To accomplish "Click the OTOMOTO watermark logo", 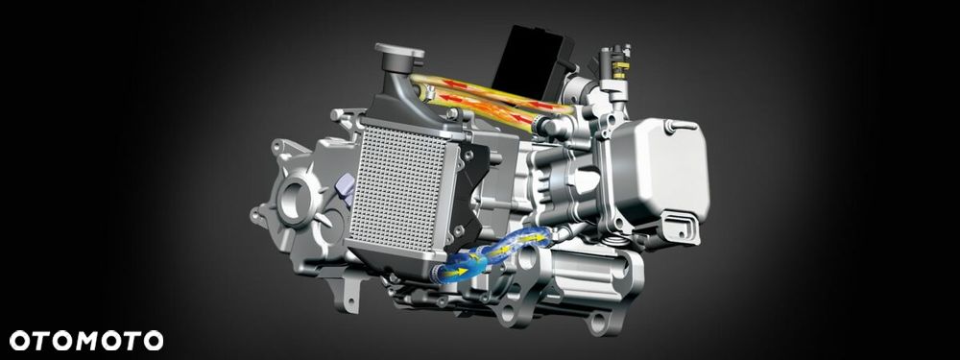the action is [x=86, y=341].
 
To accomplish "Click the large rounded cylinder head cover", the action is [x=660, y=165].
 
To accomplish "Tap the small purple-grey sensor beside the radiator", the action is [x=347, y=187].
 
